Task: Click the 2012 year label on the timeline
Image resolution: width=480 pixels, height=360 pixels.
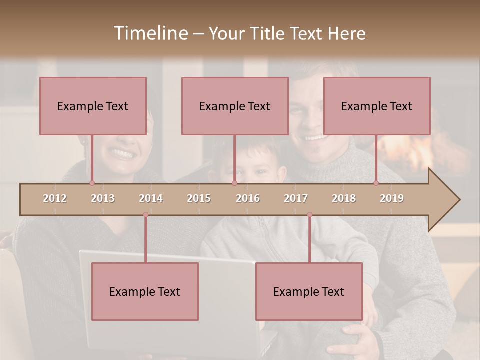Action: tap(55, 198)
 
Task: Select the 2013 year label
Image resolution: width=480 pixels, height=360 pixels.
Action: tap(103, 198)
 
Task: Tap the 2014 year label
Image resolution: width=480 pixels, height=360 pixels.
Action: tap(151, 198)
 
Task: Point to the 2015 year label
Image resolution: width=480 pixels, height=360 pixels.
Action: tap(199, 198)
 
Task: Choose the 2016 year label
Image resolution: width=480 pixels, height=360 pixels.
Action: tap(248, 198)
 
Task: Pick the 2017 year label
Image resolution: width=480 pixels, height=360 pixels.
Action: tap(296, 198)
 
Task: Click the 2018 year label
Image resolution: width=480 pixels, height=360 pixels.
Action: tap(344, 198)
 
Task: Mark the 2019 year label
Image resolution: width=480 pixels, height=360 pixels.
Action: tap(392, 198)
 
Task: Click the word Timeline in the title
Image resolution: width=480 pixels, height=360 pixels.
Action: tap(150, 33)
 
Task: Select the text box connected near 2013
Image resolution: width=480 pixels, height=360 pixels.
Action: tap(93, 106)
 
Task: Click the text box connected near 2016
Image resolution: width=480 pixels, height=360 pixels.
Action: tap(235, 106)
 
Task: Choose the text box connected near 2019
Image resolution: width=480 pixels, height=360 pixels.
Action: tap(377, 106)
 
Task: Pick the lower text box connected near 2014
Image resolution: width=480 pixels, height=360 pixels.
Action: tap(145, 291)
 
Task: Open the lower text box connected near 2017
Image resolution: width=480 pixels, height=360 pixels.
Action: tap(309, 291)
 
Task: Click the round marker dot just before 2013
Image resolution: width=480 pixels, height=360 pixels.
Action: tap(92, 183)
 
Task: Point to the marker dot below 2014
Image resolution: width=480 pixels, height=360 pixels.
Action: tap(145, 215)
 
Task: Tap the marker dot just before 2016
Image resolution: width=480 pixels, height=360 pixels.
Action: tap(234, 183)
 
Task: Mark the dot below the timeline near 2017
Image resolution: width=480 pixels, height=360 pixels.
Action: tap(309, 215)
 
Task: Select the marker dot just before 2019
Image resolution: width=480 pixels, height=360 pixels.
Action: tap(376, 183)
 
